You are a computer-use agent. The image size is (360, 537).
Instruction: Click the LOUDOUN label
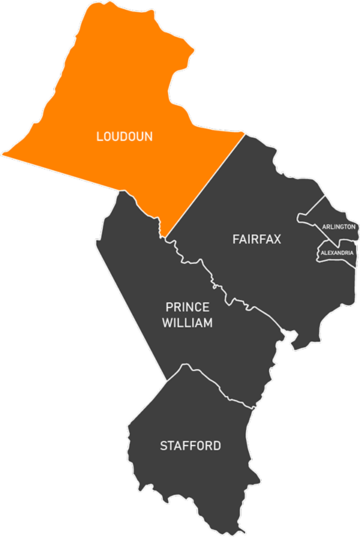click(124, 136)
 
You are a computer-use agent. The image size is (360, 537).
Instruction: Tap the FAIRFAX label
click(256, 239)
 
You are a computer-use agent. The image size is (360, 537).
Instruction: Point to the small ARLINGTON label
click(338, 226)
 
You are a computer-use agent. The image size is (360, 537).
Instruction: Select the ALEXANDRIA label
click(337, 253)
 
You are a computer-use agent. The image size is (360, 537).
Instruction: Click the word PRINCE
click(187, 307)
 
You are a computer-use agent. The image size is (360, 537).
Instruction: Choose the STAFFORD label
click(190, 445)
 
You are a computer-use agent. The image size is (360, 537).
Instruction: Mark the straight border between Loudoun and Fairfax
click(206, 183)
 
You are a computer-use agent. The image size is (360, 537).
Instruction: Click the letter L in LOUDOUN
click(99, 136)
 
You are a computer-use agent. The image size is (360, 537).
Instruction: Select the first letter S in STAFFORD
click(163, 445)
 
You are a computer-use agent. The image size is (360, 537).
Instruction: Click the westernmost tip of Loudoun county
click(3, 154)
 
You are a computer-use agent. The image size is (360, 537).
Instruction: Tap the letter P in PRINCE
click(169, 307)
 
